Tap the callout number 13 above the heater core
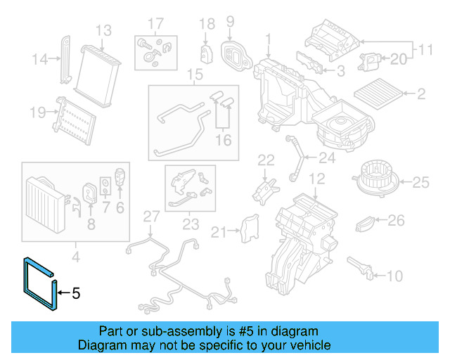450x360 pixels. tap(103, 31)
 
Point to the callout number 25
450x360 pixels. tap(420, 183)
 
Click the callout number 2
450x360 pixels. tap(421, 94)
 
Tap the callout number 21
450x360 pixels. tap(220, 232)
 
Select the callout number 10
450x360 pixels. tap(395, 275)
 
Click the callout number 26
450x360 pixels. tap(397, 221)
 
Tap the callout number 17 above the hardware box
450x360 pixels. tap(155, 22)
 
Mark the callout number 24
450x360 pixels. tap(327, 157)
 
